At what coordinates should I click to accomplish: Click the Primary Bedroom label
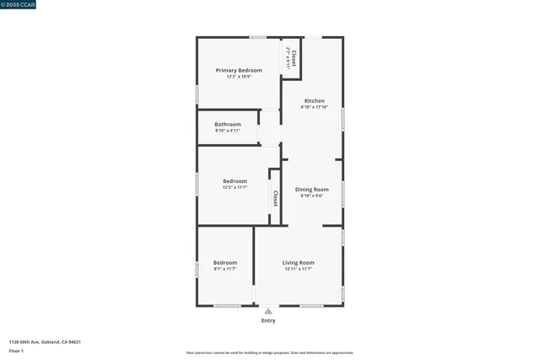[239, 70]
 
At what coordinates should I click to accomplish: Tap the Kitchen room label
[314, 101]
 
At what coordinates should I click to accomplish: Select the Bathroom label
[227, 125]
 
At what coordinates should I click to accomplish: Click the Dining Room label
[311, 190]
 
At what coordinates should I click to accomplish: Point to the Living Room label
[298, 263]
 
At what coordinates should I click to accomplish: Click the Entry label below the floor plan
[268, 320]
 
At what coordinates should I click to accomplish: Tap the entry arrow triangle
[268, 311]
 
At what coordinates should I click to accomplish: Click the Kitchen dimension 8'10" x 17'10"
[313, 107]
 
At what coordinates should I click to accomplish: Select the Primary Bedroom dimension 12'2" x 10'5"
[239, 77]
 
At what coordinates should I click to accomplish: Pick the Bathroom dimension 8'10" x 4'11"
[227, 131]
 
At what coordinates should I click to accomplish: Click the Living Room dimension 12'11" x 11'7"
[298, 269]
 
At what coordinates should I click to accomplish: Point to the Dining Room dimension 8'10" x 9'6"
[311, 196]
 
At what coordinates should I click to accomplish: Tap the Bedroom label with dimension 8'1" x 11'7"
[225, 263]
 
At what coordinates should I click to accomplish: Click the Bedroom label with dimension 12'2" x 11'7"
[235, 181]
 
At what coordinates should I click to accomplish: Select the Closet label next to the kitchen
[294, 58]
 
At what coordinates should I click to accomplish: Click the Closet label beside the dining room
[275, 198]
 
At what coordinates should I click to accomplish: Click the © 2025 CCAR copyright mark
[18, 4]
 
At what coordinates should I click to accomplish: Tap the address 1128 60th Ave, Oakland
[45, 342]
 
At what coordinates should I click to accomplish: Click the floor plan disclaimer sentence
[269, 352]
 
